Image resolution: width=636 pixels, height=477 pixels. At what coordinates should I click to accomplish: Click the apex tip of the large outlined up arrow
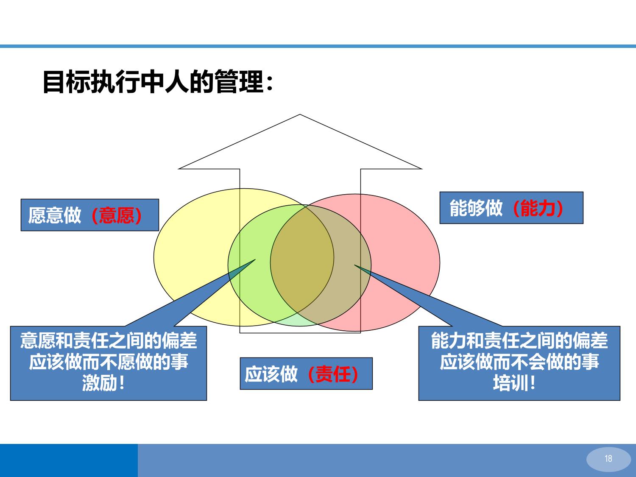[x=300, y=114]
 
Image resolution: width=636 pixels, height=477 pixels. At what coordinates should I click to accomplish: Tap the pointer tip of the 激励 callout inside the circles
[x=255, y=259]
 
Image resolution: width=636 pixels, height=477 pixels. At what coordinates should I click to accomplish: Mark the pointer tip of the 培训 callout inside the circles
[x=354, y=265]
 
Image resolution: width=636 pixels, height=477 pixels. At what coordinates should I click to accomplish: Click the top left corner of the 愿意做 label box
[x=21, y=199]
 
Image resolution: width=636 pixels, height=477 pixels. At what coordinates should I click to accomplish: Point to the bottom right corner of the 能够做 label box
[x=583, y=223]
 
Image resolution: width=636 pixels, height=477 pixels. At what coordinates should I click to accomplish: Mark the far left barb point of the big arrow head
[x=178, y=169]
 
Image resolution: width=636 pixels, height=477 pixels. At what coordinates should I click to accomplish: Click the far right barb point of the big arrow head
[x=422, y=169]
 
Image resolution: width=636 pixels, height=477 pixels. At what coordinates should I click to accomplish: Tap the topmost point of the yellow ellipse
[x=244, y=189]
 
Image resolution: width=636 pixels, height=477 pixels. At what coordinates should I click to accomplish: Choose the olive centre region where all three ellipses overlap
[x=301, y=258]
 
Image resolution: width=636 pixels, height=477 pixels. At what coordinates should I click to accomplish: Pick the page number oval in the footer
[x=608, y=459]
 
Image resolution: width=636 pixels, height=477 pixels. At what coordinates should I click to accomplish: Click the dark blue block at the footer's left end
[x=69, y=460]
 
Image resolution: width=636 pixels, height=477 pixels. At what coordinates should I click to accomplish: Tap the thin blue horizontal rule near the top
[x=318, y=46]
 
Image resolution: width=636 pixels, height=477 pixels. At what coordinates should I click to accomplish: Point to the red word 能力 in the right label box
[x=538, y=208]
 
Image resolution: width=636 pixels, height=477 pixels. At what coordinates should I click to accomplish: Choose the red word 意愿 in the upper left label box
[x=117, y=215]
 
